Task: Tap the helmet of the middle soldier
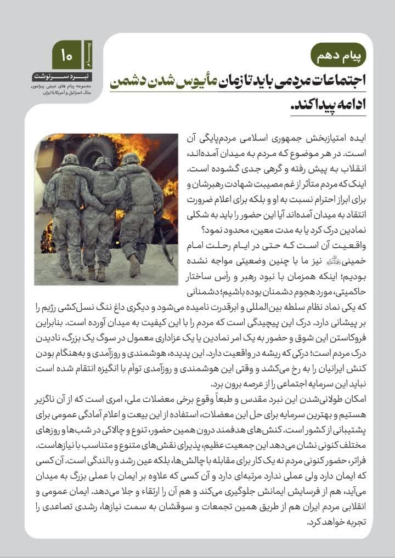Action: pyautogui.click(x=102, y=162)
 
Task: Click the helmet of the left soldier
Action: pyautogui.click(x=70, y=160)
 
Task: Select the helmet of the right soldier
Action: pyautogui.click(x=131, y=159)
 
